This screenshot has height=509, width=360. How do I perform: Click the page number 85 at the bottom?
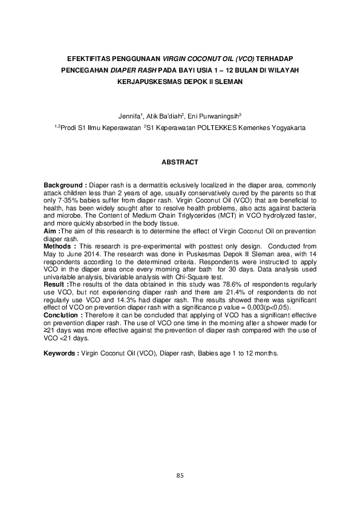pyautogui.click(x=180, y=476)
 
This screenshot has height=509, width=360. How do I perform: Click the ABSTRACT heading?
pyautogui.click(x=180, y=163)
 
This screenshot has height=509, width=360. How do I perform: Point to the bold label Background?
pyautogui.click(x=64, y=184)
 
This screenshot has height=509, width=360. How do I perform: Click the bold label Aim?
pyautogui.click(x=51, y=231)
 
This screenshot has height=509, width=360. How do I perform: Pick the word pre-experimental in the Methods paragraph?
pyautogui.click(x=140, y=247)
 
